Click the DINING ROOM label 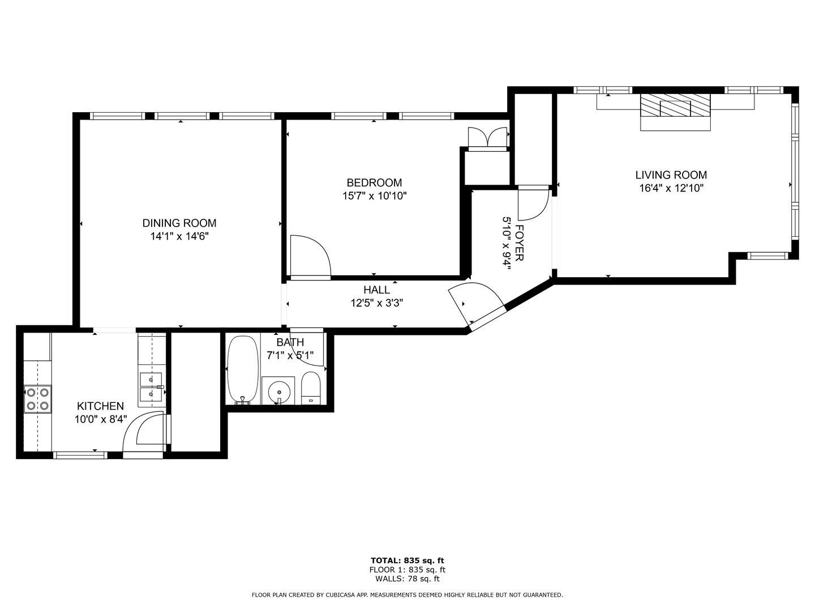[179, 223]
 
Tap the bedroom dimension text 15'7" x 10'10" [374, 195]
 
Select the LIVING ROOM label [671, 175]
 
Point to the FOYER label [520, 243]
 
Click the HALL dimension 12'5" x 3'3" [377, 303]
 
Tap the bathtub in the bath [242, 369]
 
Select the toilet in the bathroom [310, 388]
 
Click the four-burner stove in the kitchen [37, 399]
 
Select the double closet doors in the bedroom [487, 138]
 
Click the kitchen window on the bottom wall [80, 455]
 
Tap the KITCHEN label [100, 406]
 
